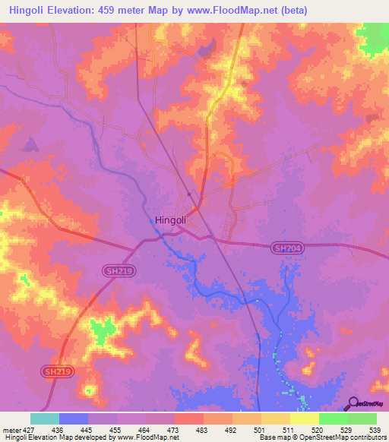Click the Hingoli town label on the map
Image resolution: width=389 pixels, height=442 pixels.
[x=170, y=220]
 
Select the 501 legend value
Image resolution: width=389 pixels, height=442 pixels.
[x=247, y=429]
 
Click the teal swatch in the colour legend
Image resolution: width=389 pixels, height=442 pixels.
[x=45, y=418]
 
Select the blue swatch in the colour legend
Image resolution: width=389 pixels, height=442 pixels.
[x=74, y=418]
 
